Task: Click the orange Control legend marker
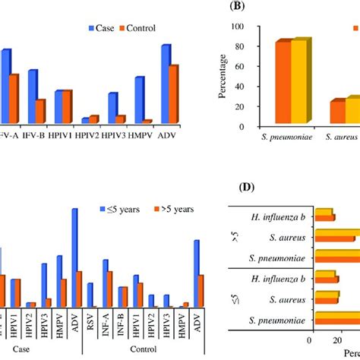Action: point(122,28)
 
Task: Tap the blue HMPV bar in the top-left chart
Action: point(139,99)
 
